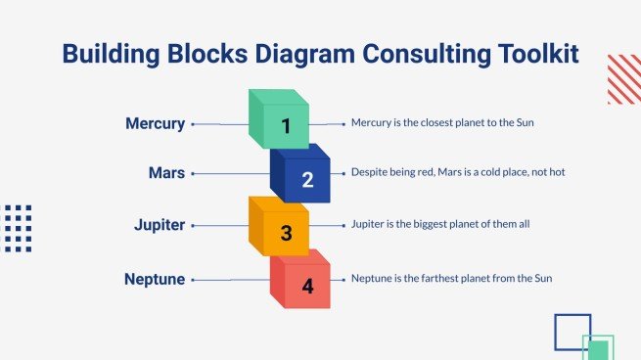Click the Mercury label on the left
155,124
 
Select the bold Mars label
167,173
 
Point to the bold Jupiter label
160,226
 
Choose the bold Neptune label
155,280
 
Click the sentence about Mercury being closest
441,123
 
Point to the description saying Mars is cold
458,172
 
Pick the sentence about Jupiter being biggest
439,225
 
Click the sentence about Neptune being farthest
451,279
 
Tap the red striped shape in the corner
623,79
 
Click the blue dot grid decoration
18,228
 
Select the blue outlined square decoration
572,331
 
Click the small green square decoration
598,348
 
